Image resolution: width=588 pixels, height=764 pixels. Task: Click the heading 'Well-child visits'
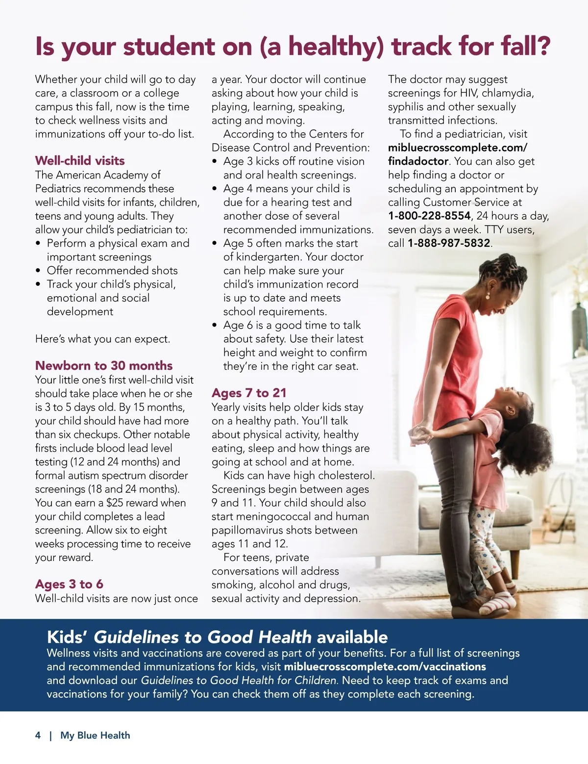[x=80, y=161]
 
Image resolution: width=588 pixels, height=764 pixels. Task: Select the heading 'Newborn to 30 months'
[x=104, y=366]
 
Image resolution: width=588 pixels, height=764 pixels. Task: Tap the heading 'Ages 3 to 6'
[x=69, y=585]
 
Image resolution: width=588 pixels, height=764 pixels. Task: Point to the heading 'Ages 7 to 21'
[x=249, y=393]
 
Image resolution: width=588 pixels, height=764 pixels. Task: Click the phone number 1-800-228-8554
[x=429, y=216]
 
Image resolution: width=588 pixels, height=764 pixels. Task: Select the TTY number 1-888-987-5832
[x=449, y=243]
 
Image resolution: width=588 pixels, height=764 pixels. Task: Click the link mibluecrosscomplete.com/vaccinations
[x=385, y=667]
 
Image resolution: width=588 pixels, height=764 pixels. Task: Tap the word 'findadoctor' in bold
[x=418, y=161]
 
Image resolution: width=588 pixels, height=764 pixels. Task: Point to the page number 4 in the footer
[x=38, y=736]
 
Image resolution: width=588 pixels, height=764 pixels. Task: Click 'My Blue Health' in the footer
[x=95, y=736]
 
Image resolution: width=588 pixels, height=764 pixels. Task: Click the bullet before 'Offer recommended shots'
[x=38, y=271]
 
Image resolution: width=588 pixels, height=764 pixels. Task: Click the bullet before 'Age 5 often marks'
[x=215, y=244]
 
